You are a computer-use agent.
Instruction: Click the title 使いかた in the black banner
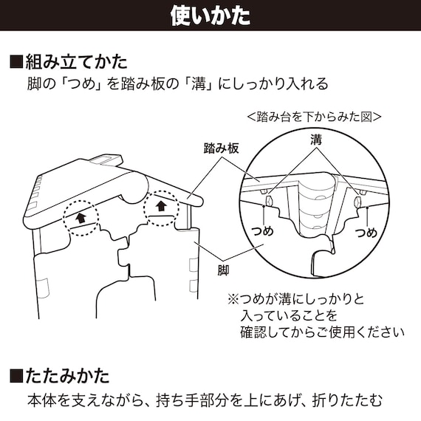click(210, 15)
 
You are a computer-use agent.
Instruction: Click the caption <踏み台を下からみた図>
click(314, 117)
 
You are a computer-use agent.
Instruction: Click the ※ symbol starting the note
click(233, 300)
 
